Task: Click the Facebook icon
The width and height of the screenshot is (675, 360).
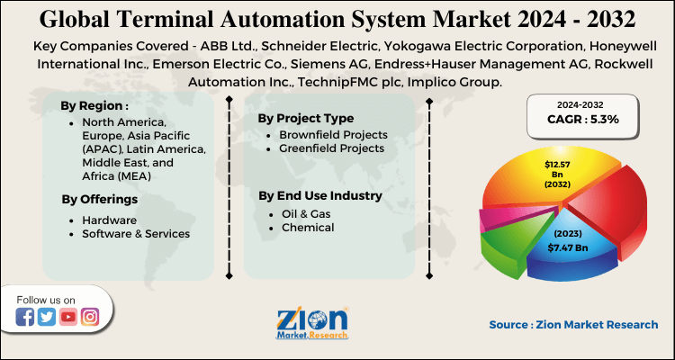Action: pos(25,316)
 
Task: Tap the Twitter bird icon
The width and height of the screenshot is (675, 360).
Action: pos(47,316)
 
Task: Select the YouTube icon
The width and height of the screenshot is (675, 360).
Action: pos(68,316)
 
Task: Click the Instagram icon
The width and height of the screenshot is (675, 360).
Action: pos(90,316)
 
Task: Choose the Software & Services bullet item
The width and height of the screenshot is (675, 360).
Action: pos(135,234)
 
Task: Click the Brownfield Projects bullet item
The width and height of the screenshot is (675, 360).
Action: pos(331,134)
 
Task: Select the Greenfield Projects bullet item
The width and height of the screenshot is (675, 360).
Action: pos(331,148)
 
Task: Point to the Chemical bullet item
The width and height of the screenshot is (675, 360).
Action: pos(306,228)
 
